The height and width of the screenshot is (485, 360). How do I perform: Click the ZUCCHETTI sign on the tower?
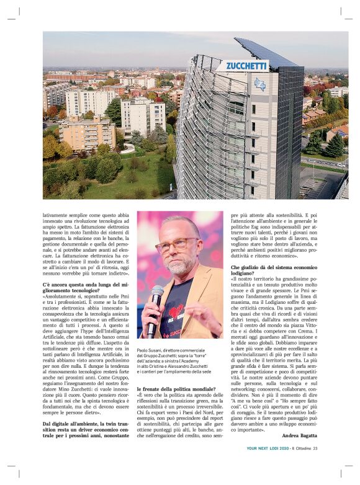pyautogui.click(x=246, y=65)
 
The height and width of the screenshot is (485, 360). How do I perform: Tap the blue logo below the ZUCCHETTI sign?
pyautogui.click(x=260, y=84)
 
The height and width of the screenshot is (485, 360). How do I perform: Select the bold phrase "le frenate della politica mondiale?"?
pyautogui.click(x=176, y=389)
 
